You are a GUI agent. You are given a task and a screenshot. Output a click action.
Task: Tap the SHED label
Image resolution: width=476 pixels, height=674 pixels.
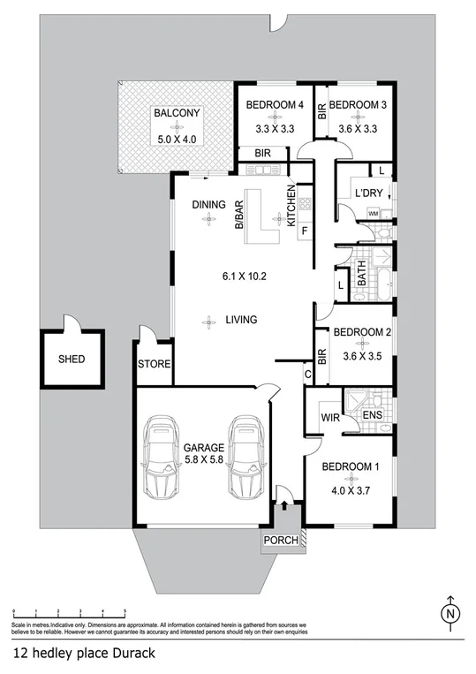[x=72, y=360]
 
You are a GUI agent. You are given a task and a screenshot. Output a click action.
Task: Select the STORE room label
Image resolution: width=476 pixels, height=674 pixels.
[x=154, y=364]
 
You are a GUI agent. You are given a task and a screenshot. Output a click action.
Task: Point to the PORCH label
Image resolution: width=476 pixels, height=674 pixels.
[x=281, y=540]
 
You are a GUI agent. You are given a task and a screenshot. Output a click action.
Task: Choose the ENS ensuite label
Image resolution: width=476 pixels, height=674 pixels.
[x=374, y=414]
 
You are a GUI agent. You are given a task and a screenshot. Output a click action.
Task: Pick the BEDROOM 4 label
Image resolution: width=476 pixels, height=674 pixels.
[x=275, y=105]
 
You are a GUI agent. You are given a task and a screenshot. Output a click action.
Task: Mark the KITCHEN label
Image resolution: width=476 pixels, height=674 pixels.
[x=291, y=207]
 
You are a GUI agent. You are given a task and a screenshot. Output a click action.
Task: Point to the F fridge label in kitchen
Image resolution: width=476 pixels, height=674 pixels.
[x=305, y=232]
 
